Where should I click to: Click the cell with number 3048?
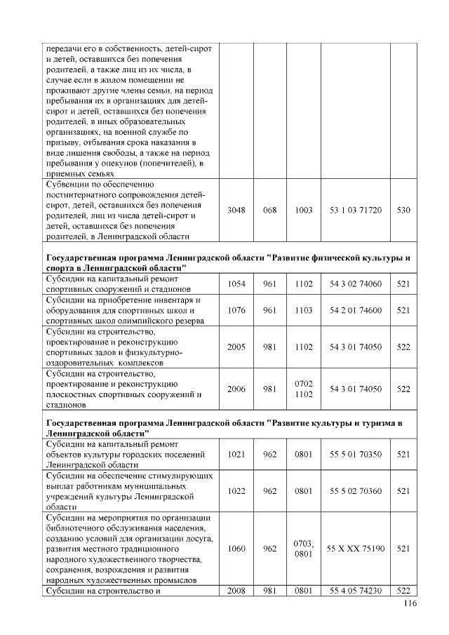236,210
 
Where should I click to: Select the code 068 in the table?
269,210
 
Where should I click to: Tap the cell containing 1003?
304,210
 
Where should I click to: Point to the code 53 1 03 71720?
356,210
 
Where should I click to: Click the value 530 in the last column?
403,210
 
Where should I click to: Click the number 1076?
236,310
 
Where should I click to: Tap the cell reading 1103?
304,310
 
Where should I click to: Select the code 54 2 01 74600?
356,310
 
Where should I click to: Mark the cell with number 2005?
236,347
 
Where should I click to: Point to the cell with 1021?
236,455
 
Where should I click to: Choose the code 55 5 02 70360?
356,491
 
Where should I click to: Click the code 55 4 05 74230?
356,591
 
